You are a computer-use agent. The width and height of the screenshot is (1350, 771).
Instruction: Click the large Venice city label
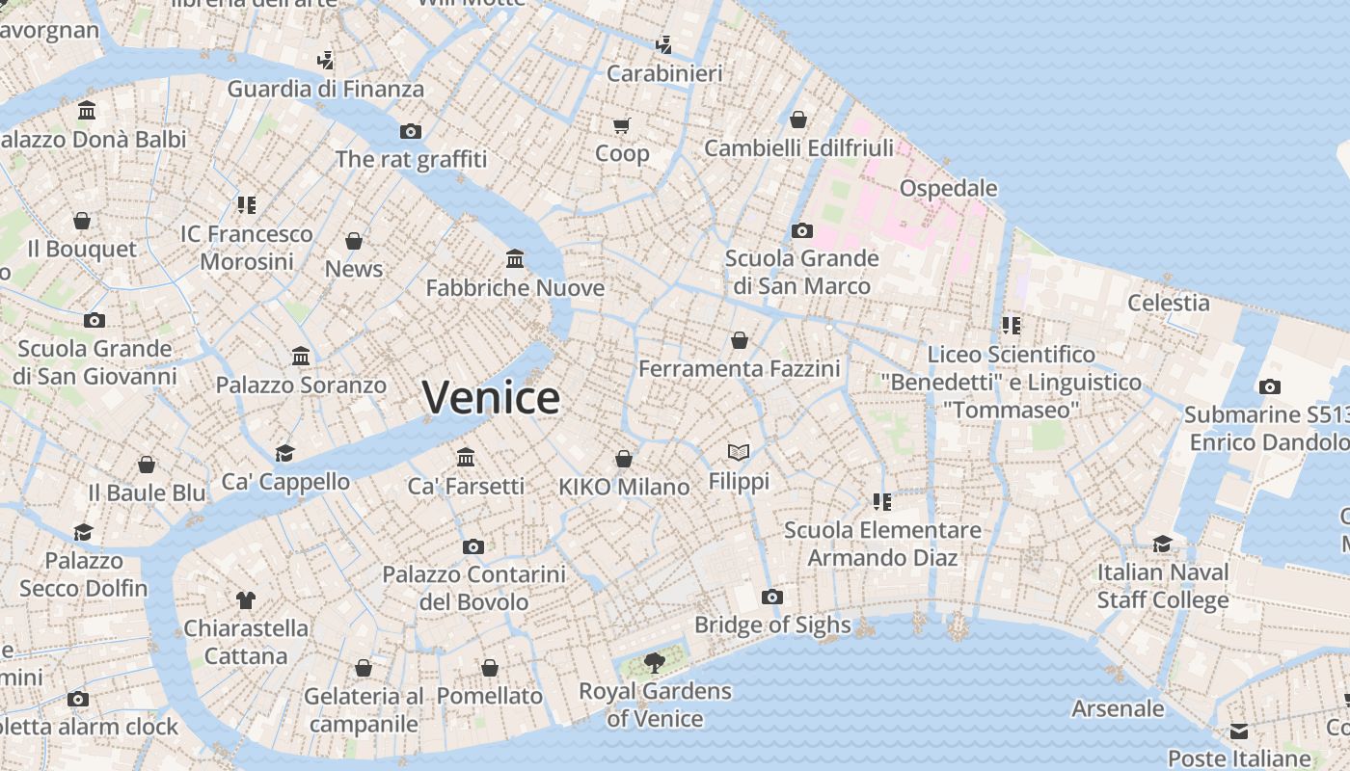(x=491, y=397)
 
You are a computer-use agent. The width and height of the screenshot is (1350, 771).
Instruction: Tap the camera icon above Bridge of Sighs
(x=771, y=597)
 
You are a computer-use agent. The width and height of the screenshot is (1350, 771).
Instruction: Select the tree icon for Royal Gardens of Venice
(x=655, y=663)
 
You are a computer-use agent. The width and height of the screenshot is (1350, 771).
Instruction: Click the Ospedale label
(x=948, y=188)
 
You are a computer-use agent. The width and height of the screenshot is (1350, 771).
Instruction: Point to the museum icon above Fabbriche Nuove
(x=515, y=258)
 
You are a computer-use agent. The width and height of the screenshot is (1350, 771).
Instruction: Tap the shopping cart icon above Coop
(x=622, y=125)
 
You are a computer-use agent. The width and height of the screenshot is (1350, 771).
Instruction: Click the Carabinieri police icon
(x=663, y=44)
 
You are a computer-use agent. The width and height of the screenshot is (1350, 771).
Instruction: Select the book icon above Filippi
(x=739, y=451)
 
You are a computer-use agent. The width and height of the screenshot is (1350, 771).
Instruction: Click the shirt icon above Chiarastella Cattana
(x=246, y=599)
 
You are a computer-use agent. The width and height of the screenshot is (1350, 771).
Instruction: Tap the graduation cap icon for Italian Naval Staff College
(x=1162, y=544)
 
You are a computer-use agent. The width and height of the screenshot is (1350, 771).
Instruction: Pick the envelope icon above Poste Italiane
(x=1238, y=731)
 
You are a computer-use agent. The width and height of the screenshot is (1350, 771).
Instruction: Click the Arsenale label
(x=1118, y=708)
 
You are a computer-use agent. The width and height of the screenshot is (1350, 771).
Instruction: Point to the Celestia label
(x=1169, y=303)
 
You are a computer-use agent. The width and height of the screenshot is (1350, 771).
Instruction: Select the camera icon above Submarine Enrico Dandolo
(x=1270, y=386)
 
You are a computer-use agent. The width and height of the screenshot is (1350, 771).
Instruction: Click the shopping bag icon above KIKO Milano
(x=624, y=458)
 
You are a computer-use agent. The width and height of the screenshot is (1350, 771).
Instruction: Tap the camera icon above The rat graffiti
(x=411, y=131)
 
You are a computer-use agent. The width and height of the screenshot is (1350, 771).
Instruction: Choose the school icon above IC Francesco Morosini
(x=246, y=204)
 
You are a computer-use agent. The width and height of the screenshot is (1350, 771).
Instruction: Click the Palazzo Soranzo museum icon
(x=301, y=356)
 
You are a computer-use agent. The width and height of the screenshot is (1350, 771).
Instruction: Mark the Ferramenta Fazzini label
(x=740, y=369)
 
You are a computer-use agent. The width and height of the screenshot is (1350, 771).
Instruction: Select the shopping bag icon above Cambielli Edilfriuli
(x=798, y=120)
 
